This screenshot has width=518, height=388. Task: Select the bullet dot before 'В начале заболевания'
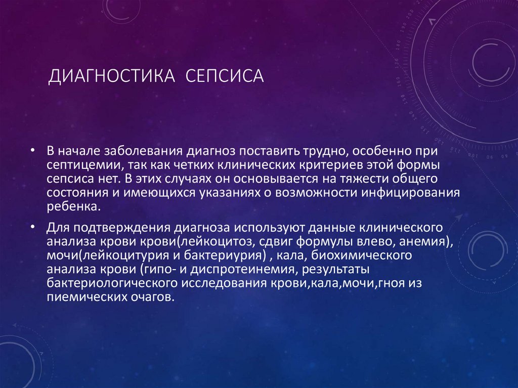point(33,151)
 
